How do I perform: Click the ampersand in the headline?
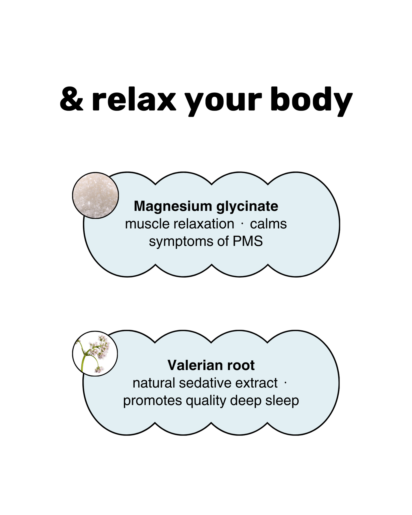pyautogui.click(x=71, y=100)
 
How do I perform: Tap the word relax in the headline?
pyautogui.click(x=134, y=100)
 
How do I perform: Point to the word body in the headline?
pyautogui.click(x=311, y=100)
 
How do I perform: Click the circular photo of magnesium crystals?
pyautogui.click(x=95, y=196)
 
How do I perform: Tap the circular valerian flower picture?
pyautogui.click(x=95, y=353)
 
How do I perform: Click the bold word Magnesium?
pyautogui.click(x=173, y=206)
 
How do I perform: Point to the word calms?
pyautogui.click(x=268, y=224)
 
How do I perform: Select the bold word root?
pyautogui.click(x=241, y=365)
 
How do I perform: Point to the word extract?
pyautogui.click(x=256, y=383)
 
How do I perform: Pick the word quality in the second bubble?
pyautogui.click(x=206, y=401)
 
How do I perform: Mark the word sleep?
pyautogui.click(x=282, y=401)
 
